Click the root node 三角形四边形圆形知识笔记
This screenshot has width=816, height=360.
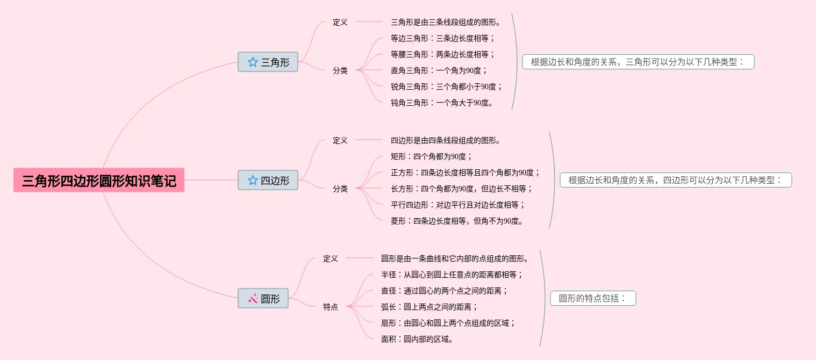[x=99, y=181]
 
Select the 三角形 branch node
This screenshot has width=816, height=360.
[x=268, y=62]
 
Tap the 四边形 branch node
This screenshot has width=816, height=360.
[x=268, y=181]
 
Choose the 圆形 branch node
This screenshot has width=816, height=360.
[x=263, y=299]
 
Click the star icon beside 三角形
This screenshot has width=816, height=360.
[x=253, y=62]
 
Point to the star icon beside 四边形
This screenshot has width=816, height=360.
[x=253, y=181]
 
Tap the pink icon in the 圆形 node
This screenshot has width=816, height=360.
[x=253, y=298]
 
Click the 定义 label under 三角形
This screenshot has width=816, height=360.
[x=340, y=22]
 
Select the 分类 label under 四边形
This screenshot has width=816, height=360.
[x=340, y=189]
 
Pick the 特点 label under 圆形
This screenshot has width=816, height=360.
[x=331, y=307]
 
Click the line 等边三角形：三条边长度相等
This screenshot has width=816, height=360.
[x=442, y=38]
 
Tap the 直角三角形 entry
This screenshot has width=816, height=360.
[x=439, y=70]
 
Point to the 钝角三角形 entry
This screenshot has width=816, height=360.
[x=442, y=103]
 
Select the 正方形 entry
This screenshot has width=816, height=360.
[x=465, y=172]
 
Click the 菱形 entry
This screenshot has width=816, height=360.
[x=457, y=221]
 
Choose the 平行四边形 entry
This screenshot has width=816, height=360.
[x=458, y=205]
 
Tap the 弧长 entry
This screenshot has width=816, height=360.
[x=430, y=307]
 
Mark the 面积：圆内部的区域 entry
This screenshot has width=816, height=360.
[x=417, y=339]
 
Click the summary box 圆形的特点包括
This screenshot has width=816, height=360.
[x=593, y=298]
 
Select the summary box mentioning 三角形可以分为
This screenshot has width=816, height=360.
[x=638, y=62]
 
